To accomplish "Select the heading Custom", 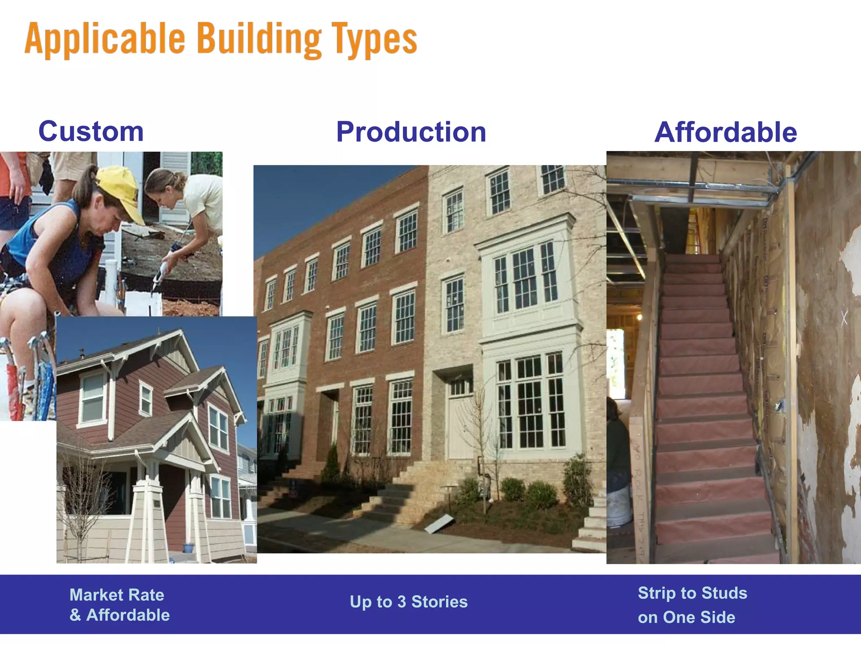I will click(x=91, y=132).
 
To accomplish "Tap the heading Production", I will click(x=411, y=132).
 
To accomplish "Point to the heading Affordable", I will click(x=725, y=132).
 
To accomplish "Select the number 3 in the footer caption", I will click(x=402, y=602).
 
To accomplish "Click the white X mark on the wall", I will click(x=844, y=318).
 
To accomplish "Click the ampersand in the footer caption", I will click(x=75, y=615).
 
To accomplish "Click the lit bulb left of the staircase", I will click(x=639, y=317).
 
